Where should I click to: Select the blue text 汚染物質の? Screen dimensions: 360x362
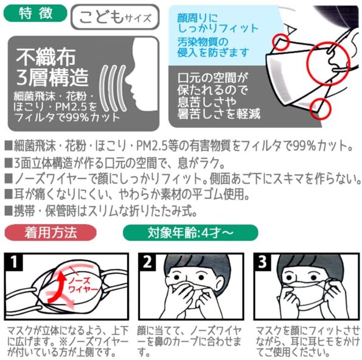point(206,41)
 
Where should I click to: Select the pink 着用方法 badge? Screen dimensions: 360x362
point(50,232)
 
